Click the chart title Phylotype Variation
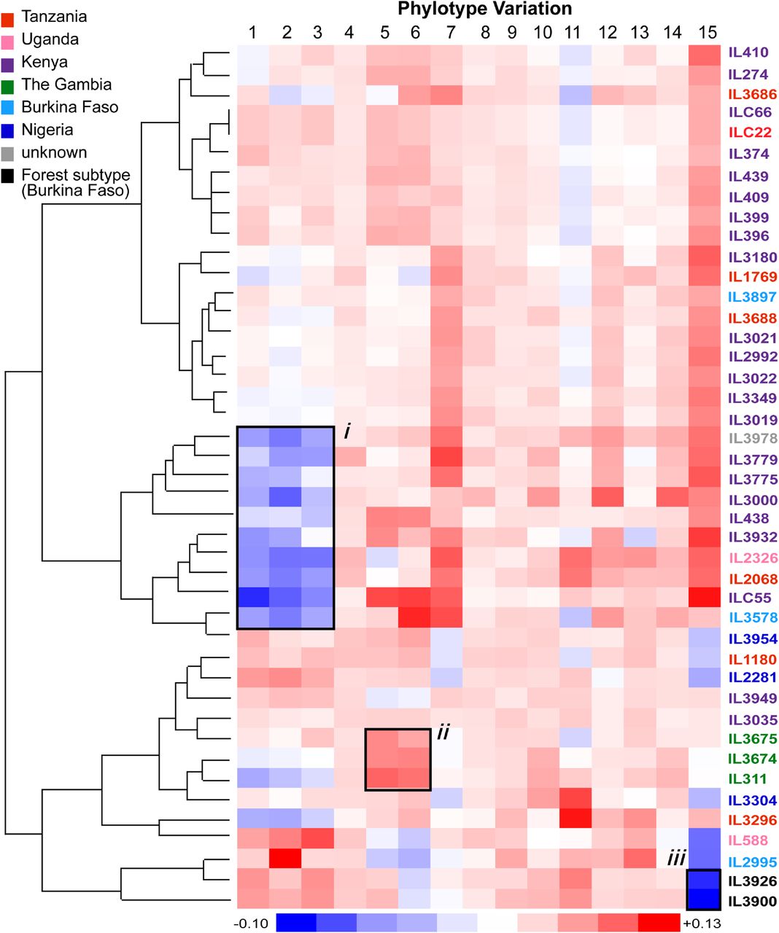click(x=484, y=9)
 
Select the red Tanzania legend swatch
click(x=8, y=17)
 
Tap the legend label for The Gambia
click(x=66, y=85)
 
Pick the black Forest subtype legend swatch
click(x=8, y=176)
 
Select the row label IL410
click(x=748, y=53)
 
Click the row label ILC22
click(x=748, y=133)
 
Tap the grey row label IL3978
click(x=753, y=438)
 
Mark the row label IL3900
click(x=752, y=902)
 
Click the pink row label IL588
click(x=748, y=840)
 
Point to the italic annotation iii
click(x=676, y=859)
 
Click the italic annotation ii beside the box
click(x=443, y=733)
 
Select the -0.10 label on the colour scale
click(x=250, y=923)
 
